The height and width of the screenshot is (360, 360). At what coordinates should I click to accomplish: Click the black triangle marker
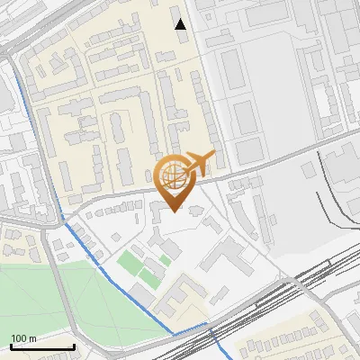181,24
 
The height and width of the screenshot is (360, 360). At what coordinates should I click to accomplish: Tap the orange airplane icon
200,163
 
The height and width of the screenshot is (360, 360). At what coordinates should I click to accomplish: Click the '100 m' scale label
24,338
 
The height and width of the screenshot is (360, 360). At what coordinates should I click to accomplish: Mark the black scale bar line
42,347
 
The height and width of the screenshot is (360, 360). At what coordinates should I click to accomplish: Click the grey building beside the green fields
145,293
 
